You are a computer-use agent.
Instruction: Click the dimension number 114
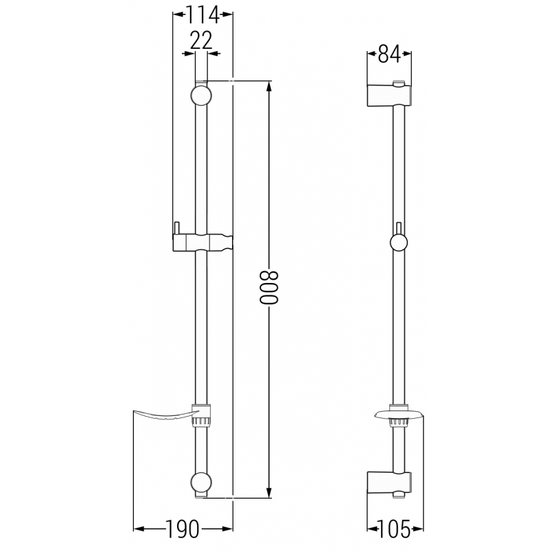tap(202, 14)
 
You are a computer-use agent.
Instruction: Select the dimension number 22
tap(200, 41)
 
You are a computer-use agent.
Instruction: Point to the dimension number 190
tap(181, 529)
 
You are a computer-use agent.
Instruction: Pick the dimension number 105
tap(390, 529)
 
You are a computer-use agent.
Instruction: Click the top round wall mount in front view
tap(200, 95)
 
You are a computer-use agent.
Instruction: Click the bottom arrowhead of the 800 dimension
tap(269, 492)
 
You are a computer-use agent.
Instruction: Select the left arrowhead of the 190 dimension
tap(137, 529)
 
